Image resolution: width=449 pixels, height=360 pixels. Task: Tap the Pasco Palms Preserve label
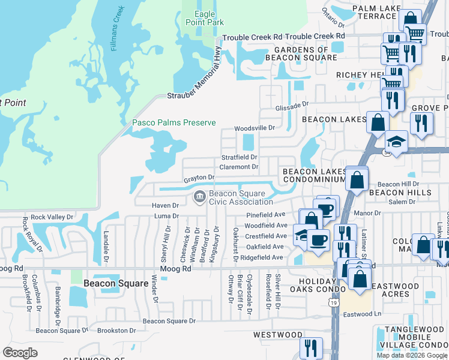coord(173,122)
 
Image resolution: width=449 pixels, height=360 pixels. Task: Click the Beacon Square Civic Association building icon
coord(199,196)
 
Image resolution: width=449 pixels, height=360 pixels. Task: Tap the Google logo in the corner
coord(20,353)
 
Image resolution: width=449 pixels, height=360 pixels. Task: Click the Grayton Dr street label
coord(199,178)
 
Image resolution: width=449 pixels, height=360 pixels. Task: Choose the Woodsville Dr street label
coord(254,128)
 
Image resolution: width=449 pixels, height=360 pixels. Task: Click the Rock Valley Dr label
coord(52,217)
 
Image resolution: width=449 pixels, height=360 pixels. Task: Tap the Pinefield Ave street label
coord(265,214)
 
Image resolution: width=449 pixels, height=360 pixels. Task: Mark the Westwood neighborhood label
coord(277,334)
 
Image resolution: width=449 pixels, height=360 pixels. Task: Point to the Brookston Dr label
coord(113,331)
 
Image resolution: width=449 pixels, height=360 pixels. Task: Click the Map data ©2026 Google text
coord(411,355)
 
